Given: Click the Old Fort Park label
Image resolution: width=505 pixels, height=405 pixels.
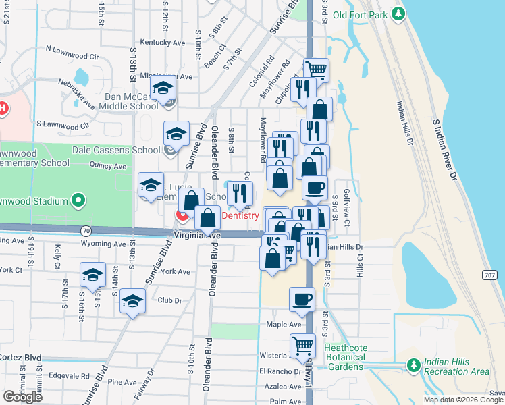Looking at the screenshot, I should [x=361, y=13].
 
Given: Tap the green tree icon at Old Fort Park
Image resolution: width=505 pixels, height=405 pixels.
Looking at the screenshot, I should [x=399, y=13].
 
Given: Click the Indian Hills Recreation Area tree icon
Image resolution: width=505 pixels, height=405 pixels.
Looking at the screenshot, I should [x=413, y=365].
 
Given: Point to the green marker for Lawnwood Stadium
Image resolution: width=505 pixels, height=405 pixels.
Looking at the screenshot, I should [x=78, y=200].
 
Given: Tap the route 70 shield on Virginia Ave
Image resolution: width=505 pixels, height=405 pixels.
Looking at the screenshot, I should [x=86, y=230].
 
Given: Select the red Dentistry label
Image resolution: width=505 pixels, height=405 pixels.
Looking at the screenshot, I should [x=240, y=215].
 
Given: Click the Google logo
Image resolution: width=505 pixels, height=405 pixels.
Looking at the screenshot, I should [x=22, y=396].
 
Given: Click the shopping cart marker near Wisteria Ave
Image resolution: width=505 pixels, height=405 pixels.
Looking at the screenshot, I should [x=302, y=346].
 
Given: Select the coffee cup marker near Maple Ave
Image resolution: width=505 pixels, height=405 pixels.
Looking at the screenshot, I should [x=302, y=299].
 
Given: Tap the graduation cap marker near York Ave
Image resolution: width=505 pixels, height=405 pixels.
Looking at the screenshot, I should [x=92, y=275].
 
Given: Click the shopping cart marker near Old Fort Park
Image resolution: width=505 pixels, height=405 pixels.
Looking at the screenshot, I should [x=316, y=70].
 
